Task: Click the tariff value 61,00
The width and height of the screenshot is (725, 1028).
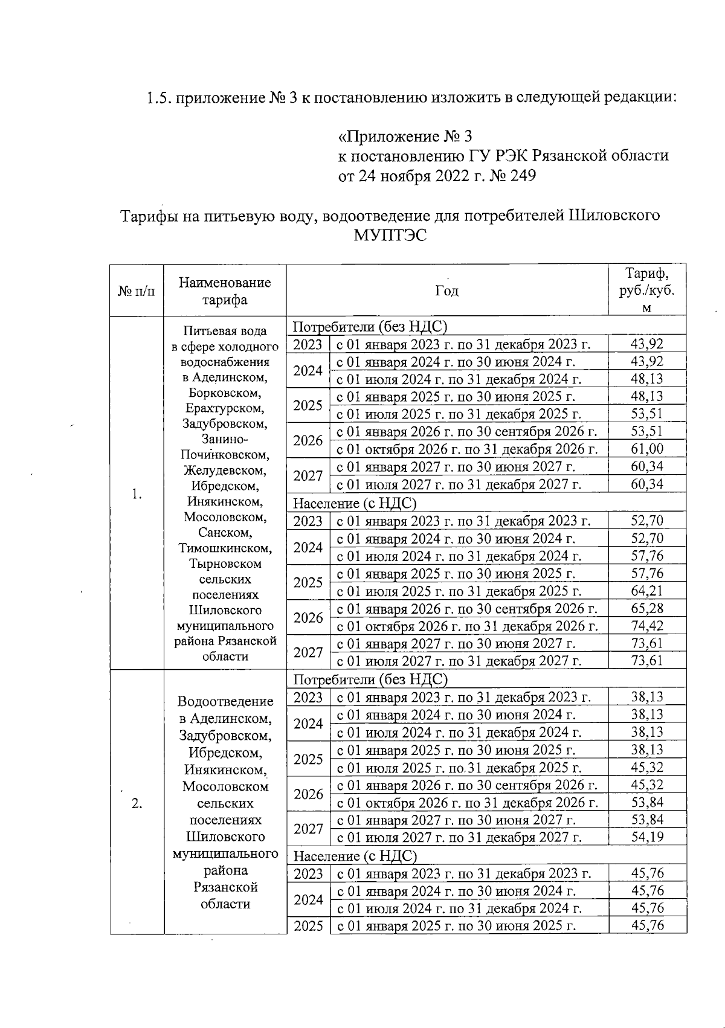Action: (647, 449)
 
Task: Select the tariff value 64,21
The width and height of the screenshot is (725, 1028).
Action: (647, 590)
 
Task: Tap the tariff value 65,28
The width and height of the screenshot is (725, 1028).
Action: (647, 608)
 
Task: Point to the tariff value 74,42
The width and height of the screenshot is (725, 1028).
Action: (647, 626)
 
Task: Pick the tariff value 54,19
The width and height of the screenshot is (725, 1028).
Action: (647, 837)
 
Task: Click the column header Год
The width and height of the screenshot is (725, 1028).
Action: (446, 291)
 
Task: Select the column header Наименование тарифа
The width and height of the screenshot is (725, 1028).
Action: (225, 291)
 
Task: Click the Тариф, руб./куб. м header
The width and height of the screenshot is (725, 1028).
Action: (647, 291)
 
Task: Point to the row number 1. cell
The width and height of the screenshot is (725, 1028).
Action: (137, 494)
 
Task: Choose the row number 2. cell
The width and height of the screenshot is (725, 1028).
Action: (137, 803)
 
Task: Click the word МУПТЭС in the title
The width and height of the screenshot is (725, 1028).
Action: (390, 236)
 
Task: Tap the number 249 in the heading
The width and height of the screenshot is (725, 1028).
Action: (523, 176)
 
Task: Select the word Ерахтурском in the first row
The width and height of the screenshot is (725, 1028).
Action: (225, 408)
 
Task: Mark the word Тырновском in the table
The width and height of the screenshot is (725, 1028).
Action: (225, 564)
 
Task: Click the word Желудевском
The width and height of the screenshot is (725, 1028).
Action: (225, 471)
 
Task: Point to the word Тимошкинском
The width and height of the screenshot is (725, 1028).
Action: (225, 548)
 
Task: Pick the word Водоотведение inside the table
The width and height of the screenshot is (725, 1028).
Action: (225, 701)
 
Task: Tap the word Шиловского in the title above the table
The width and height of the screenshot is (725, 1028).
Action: (614, 215)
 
